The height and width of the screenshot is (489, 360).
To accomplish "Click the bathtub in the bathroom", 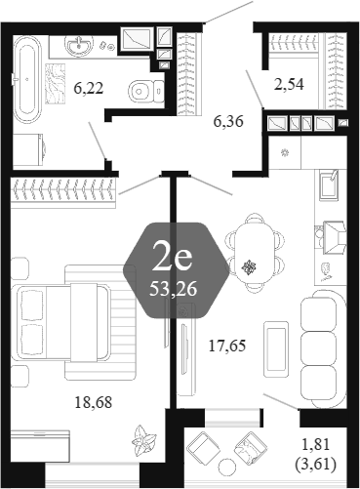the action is point(27,78).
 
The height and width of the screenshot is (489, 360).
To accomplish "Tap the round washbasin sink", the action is point(79,45).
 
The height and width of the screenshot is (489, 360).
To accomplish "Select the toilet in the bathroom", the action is point(146,91).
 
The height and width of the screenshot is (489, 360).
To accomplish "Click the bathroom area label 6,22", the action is point(89,88).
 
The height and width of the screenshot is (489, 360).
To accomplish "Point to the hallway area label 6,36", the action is point(228,122).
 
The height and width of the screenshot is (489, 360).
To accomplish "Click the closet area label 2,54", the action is point(289,84).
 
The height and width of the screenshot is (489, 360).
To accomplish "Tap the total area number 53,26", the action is point(173,288).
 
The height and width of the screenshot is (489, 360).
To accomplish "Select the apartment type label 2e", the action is point(173,258).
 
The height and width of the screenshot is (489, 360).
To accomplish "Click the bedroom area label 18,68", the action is point(94,402).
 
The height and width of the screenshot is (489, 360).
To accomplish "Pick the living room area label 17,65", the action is point(227,346).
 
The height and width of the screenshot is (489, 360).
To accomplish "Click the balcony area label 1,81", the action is point(316,444).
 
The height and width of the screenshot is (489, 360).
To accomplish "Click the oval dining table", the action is point(254,252).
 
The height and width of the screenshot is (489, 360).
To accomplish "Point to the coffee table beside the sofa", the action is point(276,349).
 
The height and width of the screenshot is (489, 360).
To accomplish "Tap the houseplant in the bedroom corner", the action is point(143,441).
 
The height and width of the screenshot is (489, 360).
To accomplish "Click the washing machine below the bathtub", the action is point(29,150).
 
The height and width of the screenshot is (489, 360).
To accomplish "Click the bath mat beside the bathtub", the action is point(56,84).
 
